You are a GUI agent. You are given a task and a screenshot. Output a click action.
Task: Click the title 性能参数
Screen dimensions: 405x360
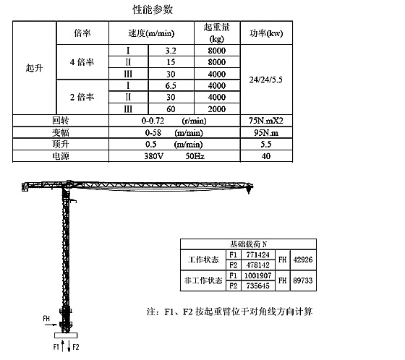click(x=153, y=9)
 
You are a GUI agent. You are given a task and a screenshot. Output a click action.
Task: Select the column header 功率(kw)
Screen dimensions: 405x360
click(x=266, y=33)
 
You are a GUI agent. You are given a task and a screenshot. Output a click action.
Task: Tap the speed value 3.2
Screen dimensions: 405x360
click(x=171, y=51)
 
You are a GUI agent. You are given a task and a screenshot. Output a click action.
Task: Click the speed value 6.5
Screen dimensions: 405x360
click(x=171, y=86)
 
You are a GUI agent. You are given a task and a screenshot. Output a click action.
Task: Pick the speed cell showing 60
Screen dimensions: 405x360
click(x=171, y=109)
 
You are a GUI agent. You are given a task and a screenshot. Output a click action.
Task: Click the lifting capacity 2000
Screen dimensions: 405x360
click(x=217, y=109)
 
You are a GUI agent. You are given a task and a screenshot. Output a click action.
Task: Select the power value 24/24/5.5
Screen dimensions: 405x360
click(x=266, y=80)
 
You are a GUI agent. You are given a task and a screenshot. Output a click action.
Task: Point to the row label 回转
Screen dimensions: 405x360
click(x=61, y=120)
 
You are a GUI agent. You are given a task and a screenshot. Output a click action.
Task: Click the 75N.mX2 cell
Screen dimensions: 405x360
click(x=266, y=121)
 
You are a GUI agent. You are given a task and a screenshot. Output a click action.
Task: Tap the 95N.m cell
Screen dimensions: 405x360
click(x=266, y=132)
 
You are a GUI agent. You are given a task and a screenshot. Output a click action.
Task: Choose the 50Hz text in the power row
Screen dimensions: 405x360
click(x=195, y=156)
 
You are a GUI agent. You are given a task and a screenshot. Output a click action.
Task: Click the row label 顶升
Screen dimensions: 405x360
click(x=61, y=144)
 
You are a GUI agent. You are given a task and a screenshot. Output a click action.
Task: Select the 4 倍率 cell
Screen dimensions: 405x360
click(x=82, y=62)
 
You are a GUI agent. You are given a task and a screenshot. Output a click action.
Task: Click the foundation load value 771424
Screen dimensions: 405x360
click(x=257, y=255)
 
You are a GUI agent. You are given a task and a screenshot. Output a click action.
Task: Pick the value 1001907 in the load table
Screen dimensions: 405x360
click(x=257, y=275)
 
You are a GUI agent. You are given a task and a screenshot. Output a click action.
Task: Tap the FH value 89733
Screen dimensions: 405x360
click(x=303, y=280)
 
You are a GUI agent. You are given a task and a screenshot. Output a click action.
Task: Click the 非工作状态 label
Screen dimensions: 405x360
click(x=203, y=280)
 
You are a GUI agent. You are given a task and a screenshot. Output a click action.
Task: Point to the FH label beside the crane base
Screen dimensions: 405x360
click(x=46, y=318)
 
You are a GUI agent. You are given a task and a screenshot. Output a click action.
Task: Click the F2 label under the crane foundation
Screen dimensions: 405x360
click(x=76, y=347)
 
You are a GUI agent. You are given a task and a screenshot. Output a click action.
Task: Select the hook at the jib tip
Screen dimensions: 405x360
click(x=249, y=190)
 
